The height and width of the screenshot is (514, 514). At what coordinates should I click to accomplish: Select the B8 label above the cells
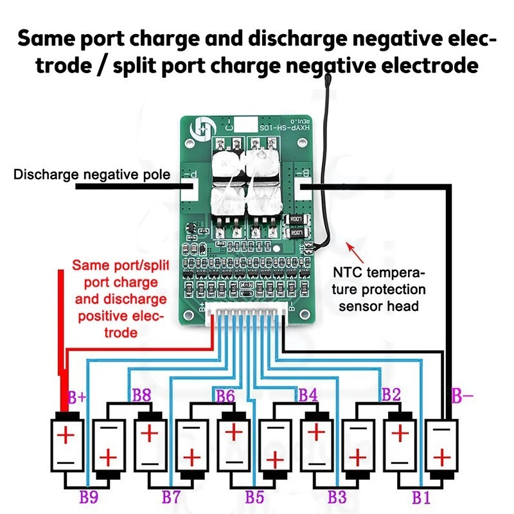141,394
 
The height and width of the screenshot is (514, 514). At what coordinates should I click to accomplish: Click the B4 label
308,394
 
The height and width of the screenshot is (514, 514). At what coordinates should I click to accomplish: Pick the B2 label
392,393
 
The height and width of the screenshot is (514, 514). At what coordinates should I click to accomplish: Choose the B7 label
171,496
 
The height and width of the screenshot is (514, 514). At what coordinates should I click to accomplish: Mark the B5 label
255,496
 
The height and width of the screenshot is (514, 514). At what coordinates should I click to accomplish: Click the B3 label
337,496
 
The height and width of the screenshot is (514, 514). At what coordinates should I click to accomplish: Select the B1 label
421,496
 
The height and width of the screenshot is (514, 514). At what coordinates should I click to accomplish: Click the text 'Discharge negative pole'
92,174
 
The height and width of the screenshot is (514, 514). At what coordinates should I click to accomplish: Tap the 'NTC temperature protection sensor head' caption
379,290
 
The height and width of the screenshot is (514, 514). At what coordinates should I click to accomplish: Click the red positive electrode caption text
119,299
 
